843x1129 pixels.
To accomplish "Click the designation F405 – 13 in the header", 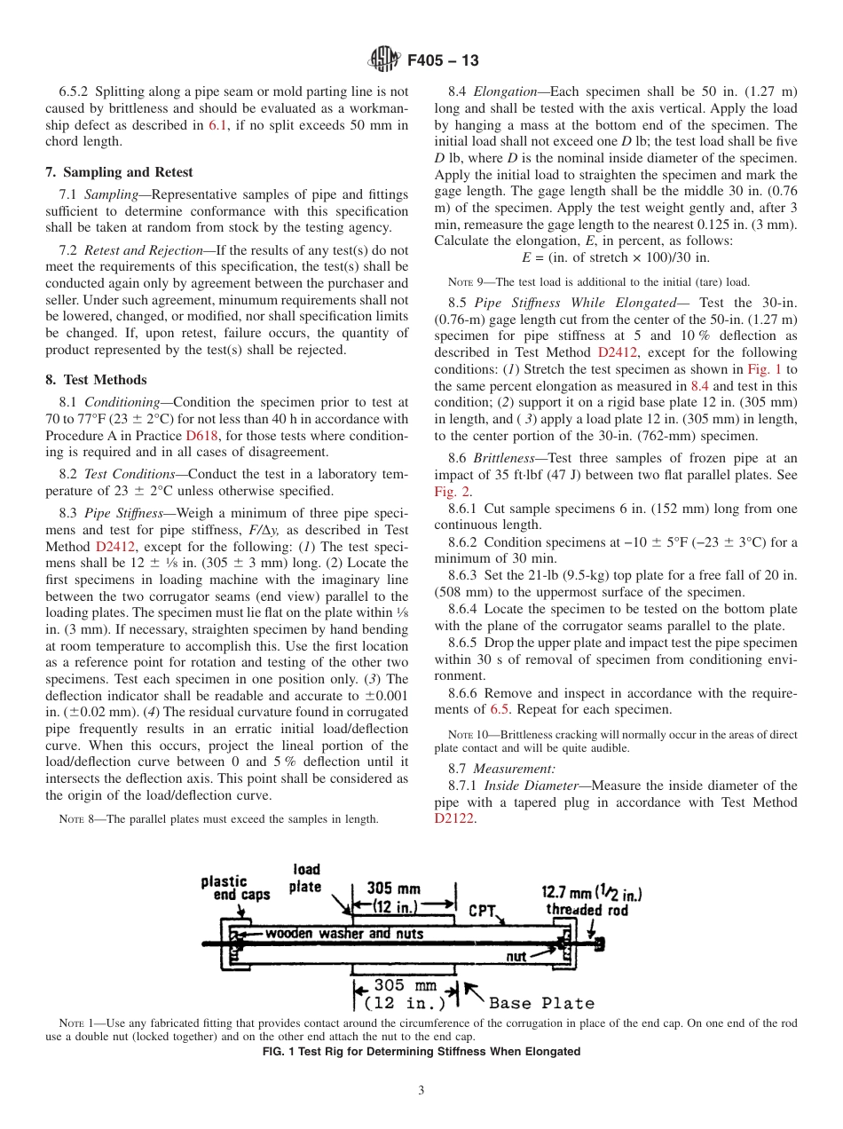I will [443, 60].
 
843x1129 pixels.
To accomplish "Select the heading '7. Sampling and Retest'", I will [119, 172].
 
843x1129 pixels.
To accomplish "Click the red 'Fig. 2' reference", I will [452, 491].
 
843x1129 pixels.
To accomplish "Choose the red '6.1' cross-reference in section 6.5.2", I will [217, 125].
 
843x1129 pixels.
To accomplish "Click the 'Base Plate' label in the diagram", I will [541, 1003].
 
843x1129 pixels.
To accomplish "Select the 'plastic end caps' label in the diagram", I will [235, 888].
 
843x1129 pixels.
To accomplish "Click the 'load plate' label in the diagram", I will [305, 878].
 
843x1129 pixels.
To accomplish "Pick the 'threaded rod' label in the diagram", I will [587, 910].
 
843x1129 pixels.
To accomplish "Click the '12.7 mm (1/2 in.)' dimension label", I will [592, 892].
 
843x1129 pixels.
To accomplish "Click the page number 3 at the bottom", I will [421, 1090].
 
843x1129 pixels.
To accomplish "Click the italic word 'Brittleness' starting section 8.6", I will [504, 459].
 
